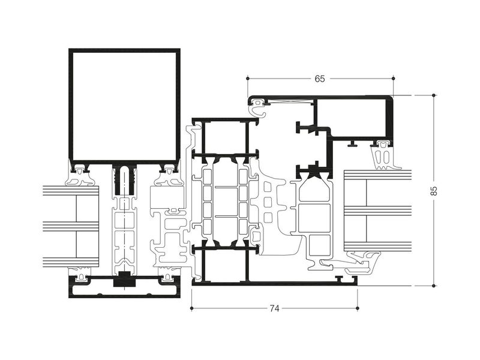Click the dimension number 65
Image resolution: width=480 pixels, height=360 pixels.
point(320,79)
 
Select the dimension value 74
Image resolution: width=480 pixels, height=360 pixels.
point(275,308)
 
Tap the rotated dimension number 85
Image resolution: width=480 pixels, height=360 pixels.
point(434,191)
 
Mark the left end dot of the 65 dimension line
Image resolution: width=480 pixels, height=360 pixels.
point(248,79)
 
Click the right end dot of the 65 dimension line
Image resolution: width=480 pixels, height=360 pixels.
point(394,79)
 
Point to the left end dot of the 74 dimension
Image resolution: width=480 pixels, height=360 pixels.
point(191,308)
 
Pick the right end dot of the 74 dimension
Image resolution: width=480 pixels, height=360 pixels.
point(358,308)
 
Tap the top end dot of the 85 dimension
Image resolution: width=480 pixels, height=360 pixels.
point(434,95)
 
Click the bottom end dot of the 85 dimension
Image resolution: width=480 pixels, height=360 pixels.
point(434,286)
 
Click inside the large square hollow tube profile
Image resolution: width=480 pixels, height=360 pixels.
point(124,106)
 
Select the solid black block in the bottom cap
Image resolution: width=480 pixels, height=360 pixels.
point(124,280)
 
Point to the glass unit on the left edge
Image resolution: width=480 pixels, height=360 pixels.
point(71,226)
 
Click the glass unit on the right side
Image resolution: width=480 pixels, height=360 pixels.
point(378,211)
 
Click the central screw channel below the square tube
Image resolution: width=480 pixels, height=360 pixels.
point(124,181)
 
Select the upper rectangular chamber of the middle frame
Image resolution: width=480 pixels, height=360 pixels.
point(224,138)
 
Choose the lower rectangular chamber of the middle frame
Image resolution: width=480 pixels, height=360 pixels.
point(224,265)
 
